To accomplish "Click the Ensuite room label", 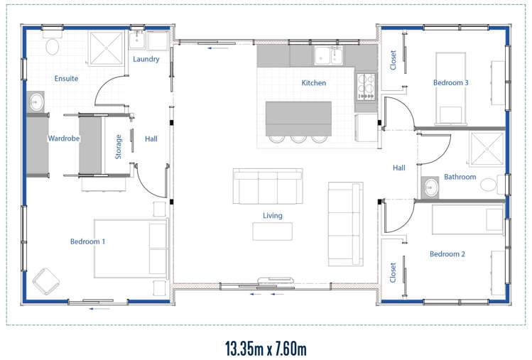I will (x=66, y=78).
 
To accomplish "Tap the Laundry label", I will (x=146, y=59).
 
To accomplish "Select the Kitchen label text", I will (x=314, y=83).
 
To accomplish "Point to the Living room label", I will (x=272, y=215).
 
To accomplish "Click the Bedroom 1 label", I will (x=87, y=241).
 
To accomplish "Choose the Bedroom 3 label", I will (x=451, y=82).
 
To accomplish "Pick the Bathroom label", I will (x=460, y=177).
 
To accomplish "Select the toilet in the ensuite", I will (x=52, y=47).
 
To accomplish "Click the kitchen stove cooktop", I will (x=366, y=86).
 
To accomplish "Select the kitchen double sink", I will (x=329, y=55).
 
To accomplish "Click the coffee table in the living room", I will (x=272, y=231).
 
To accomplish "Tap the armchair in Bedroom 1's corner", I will (x=47, y=280).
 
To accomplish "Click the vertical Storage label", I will (x=119, y=146).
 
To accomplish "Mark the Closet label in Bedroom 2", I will (x=393, y=273).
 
